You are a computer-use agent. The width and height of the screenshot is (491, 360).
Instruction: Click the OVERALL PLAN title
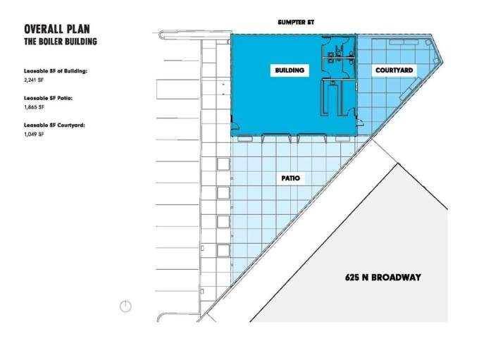pyautogui.click(x=56, y=30)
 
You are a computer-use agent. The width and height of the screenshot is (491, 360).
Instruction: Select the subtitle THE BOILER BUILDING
pyautogui.click(x=60, y=42)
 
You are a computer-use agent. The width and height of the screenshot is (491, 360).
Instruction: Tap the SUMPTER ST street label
pyautogui.click(x=296, y=23)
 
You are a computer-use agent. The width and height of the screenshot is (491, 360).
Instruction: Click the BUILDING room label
pyautogui.click(x=289, y=70)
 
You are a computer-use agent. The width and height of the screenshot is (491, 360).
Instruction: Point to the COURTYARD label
pyautogui.click(x=394, y=70)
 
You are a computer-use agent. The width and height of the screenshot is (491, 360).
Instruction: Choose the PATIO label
pyautogui.click(x=290, y=178)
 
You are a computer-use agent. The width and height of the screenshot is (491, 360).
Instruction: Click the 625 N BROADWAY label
pyautogui.click(x=385, y=277)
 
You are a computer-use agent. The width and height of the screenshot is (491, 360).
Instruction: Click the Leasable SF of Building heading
pyautogui.click(x=55, y=72)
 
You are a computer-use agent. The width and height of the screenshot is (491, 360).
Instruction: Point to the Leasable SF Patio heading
pyautogui.click(x=48, y=99)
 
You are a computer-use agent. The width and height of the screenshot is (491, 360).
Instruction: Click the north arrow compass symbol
pyautogui.click(x=125, y=306)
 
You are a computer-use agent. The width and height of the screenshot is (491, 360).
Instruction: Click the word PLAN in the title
pyautogui.click(x=77, y=30)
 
